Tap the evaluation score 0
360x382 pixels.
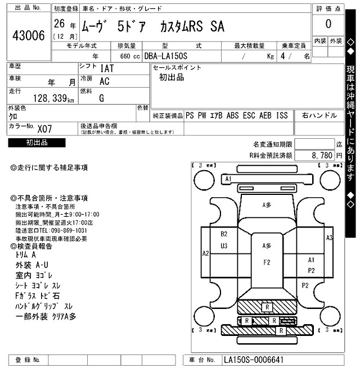(327, 24)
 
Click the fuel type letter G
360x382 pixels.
(101, 98)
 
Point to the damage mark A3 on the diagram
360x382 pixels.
(329, 238)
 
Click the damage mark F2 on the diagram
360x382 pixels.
(267, 262)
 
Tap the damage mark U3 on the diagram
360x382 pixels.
(224, 245)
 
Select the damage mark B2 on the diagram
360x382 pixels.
(224, 234)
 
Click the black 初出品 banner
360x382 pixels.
(37, 143)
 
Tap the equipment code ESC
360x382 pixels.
(249, 115)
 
